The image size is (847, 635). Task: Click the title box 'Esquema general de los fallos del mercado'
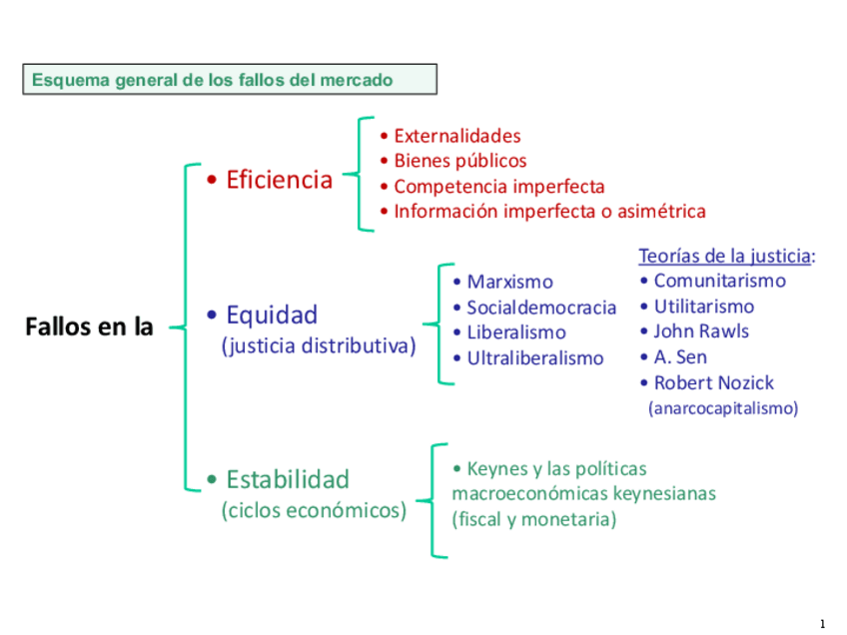(x=229, y=80)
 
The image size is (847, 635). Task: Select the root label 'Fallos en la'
(x=88, y=326)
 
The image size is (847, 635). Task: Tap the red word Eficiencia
(x=279, y=180)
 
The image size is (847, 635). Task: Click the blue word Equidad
(x=272, y=316)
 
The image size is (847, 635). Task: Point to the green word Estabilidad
(x=288, y=479)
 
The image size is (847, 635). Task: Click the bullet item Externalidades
(x=457, y=136)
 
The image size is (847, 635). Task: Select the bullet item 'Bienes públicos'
(x=459, y=161)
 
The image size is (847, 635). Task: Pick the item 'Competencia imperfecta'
(x=498, y=187)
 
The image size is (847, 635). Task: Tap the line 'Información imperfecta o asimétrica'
(x=549, y=212)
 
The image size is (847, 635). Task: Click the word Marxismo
(x=509, y=283)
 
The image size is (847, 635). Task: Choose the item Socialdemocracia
(x=541, y=308)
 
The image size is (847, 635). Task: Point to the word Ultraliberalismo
(x=535, y=358)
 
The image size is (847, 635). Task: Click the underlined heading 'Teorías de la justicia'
(x=725, y=257)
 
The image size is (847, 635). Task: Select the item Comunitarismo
(x=719, y=282)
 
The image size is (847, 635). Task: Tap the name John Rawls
(x=701, y=331)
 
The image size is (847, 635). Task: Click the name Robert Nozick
(x=713, y=382)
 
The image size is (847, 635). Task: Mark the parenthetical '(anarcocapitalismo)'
(x=723, y=408)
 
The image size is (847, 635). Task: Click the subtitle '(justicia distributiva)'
(x=318, y=347)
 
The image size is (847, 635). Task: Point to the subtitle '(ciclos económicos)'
(x=314, y=511)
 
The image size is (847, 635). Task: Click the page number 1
(x=822, y=624)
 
